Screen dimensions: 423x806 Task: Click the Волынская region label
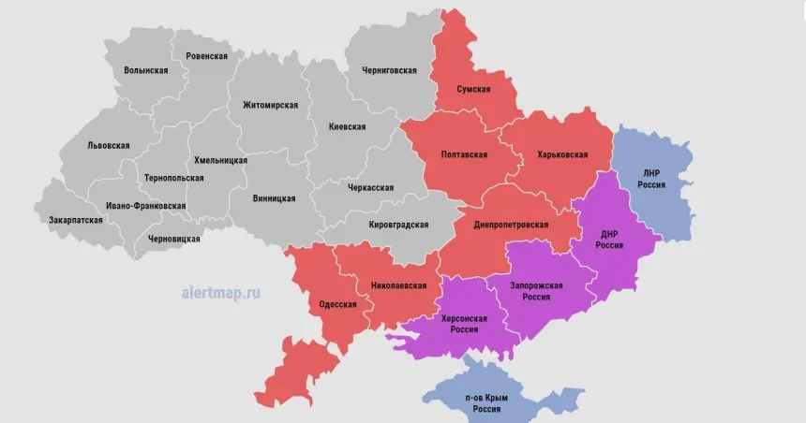(146, 71)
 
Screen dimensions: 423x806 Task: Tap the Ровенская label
(207, 56)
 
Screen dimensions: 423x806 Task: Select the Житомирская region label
(270, 105)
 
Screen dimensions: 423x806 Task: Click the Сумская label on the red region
(473, 89)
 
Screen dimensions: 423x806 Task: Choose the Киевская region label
(347, 126)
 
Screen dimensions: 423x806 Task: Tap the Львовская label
(108, 146)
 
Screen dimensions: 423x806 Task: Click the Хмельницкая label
(221, 160)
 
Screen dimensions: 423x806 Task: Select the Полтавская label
(465, 154)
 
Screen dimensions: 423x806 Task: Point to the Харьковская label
(562, 154)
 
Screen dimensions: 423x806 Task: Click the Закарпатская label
(76, 220)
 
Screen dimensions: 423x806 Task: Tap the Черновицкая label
(173, 240)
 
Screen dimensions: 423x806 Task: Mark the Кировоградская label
(398, 225)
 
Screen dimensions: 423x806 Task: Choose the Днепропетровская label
(511, 225)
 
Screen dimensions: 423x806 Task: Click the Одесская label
(337, 304)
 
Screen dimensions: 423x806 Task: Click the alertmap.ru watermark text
(221, 292)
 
